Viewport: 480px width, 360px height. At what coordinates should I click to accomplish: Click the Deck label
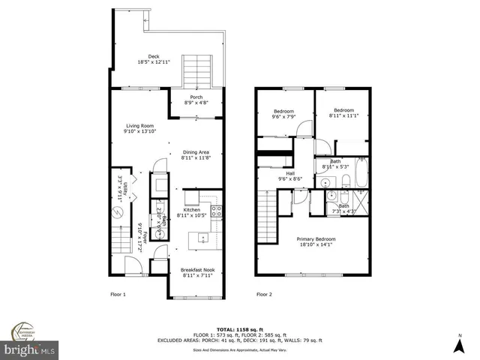click(x=154, y=56)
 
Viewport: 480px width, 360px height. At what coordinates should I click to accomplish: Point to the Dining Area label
click(x=196, y=152)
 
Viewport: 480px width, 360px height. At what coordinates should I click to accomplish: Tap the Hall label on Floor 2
click(x=290, y=173)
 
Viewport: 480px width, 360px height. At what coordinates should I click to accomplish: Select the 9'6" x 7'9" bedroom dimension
click(x=283, y=115)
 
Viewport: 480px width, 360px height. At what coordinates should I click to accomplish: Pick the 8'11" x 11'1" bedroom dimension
click(x=344, y=115)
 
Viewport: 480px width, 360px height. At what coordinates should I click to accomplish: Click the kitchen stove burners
click(x=216, y=211)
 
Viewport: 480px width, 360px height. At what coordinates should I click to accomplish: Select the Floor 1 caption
click(x=118, y=294)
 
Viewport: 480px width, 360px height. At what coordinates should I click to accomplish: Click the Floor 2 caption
click(x=264, y=294)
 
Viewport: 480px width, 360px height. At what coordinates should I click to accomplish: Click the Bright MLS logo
click(x=29, y=349)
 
